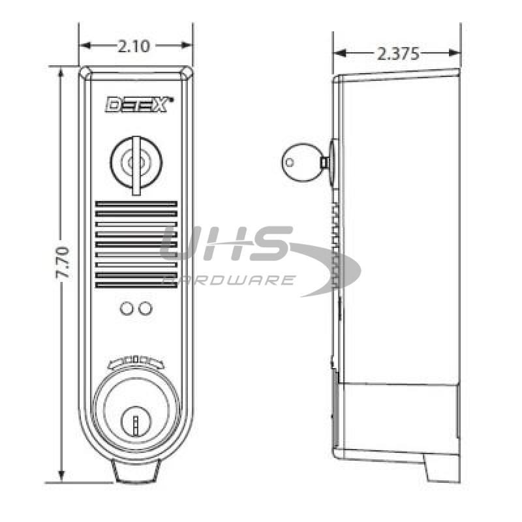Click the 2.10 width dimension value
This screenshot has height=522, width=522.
click(135, 46)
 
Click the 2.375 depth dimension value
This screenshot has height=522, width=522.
click(398, 54)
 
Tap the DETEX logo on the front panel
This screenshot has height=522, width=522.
click(139, 104)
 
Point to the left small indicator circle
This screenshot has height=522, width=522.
click(127, 307)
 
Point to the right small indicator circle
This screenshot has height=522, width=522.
click(146, 307)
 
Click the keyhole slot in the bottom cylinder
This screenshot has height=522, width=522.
click(136, 424)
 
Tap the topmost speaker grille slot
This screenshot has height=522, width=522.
click(136, 204)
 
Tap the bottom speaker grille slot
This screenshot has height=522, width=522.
click(136, 284)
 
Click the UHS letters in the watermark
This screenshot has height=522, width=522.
click(225, 245)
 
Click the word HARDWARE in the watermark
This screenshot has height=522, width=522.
click(228, 280)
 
